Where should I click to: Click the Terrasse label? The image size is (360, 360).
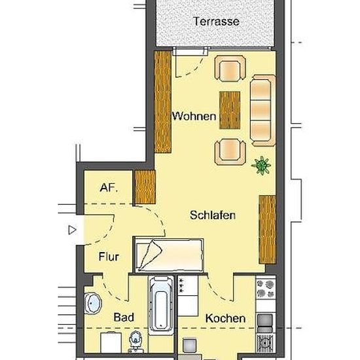click(x=216, y=22)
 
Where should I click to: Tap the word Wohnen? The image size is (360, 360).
click(x=194, y=116)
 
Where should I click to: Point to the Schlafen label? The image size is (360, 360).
click(x=213, y=215)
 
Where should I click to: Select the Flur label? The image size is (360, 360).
click(x=109, y=257)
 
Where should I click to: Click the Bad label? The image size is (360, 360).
click(x=124, y=317)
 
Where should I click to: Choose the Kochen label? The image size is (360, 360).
click(x=225, y=319)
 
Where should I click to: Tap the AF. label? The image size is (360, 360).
click(x=109, y=188)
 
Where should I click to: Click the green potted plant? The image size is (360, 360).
click(x=261, y=165)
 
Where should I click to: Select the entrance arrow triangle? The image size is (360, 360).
click(x=72, y=230)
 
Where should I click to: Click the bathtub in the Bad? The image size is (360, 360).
click(x=161, y=306)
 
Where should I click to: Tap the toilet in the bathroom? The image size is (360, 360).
click(x=135, y=342)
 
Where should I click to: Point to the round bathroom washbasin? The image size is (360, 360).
click(x=93, y=303)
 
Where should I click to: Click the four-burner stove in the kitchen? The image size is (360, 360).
click(x=266, y=288)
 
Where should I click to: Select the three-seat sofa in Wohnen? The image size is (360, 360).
click(x=262, y=111)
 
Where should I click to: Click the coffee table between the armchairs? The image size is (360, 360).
click(x=230, y=110)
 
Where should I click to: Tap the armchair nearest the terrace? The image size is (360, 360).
click(x=230, y=69)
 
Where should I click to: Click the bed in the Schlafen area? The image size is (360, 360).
click(x=170, y=255)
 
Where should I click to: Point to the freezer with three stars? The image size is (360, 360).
click(x=188, y=285)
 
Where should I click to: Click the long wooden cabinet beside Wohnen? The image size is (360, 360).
click(x=163, y=102)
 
